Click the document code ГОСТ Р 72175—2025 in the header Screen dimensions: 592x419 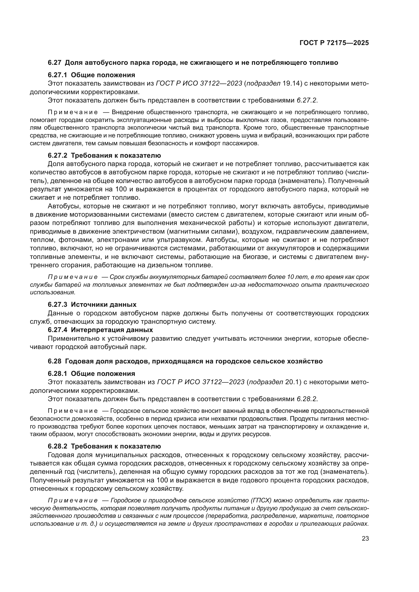click(x=334, y=43)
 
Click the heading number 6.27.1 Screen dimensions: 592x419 click(x=57, y=75)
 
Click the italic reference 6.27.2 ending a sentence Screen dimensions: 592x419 click(x=306, y=100)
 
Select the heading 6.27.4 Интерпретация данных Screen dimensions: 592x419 click(x=100, y=330)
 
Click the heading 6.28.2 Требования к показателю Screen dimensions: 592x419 click(x=104, y=446)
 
